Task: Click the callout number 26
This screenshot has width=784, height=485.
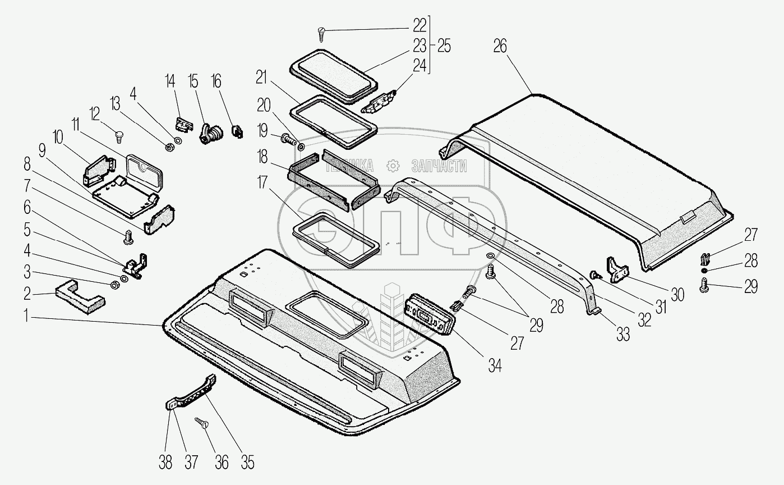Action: pos(500,46)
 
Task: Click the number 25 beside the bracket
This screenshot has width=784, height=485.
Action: pos(444,47)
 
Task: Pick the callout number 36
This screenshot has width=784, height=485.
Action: pos(222,462)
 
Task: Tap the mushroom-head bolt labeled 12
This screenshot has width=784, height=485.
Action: pos(118,135)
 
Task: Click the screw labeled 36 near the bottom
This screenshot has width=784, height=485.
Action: pos(200,422)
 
